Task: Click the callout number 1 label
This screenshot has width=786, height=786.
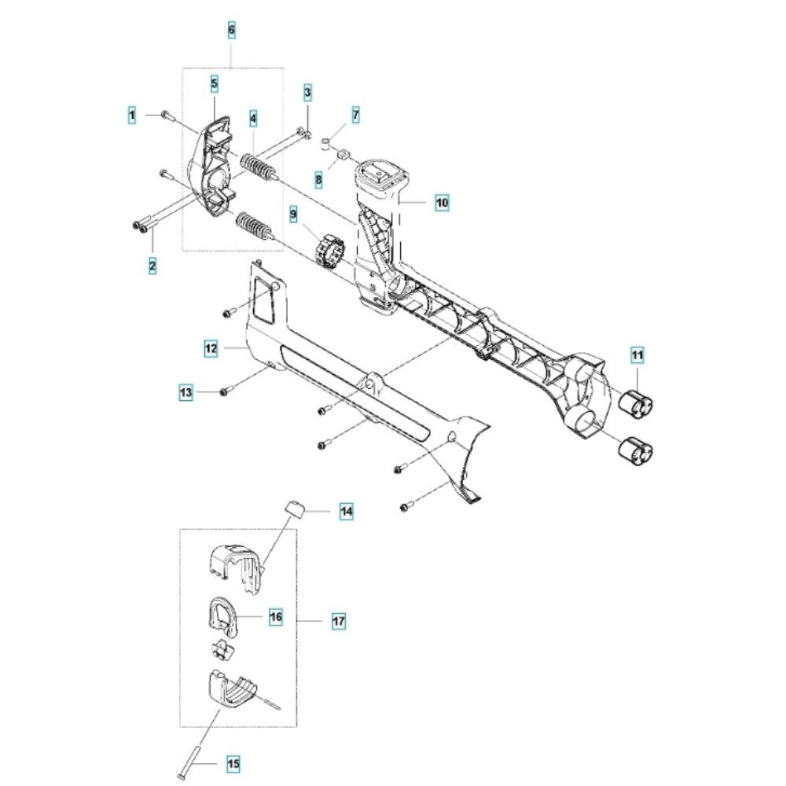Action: pos(133,116)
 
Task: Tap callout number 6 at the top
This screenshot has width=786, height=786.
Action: pos(231,31)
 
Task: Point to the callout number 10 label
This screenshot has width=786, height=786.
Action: pos(442,203)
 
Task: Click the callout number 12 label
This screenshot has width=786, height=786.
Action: pos(210,347)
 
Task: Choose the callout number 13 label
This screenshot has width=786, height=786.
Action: pos(185,391)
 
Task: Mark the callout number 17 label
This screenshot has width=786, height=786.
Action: pos(338,621)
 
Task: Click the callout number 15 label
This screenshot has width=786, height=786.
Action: pos(233,762)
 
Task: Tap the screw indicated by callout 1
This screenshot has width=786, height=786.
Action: pos(167,115)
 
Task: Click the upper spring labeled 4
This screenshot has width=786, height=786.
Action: pos(256,167)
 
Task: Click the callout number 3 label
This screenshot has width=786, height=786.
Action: pos(308,94)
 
